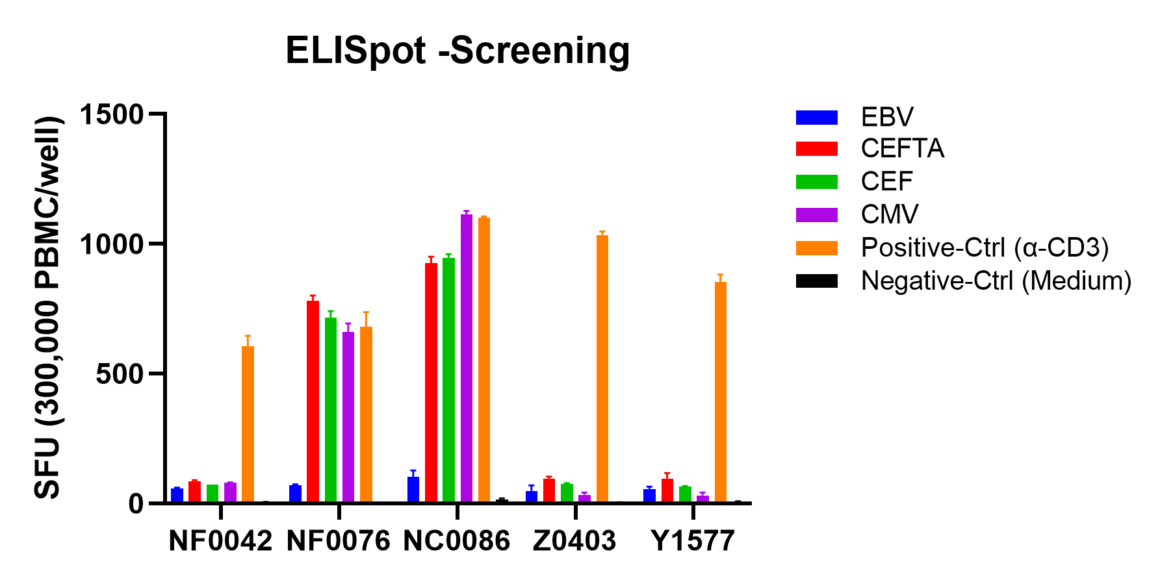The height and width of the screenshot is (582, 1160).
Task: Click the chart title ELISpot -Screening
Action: (x=458, y=51)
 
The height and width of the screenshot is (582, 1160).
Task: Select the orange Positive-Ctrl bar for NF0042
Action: (x=248, y=424)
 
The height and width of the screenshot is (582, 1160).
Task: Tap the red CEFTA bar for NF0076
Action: (x=313, y=401)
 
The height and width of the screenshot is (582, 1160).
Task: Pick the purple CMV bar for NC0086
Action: (x=467, y=358)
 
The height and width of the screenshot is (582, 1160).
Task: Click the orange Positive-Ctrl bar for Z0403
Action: (x=602, y=368)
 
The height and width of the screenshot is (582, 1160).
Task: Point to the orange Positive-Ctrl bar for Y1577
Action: (x=721, y=392)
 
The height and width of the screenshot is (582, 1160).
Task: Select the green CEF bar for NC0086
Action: (x=448, y=380)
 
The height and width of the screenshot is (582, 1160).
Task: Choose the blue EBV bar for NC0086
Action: (x=413, y=489)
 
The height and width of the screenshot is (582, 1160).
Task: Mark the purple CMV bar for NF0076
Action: (x=348, y=417)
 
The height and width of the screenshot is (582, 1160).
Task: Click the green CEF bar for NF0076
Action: (x=331, y=410)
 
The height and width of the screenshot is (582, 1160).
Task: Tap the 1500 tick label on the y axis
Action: (x=111, y=114)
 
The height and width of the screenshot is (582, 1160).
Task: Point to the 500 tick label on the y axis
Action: (x=120, y=374)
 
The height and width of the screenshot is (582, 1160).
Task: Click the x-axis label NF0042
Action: (x=220, y=541)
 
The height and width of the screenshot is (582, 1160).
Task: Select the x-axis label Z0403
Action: (x=574, y=541)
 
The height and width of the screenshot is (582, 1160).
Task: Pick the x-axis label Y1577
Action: (x=693, y=541)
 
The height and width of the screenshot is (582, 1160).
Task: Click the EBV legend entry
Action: (x=855, y=117)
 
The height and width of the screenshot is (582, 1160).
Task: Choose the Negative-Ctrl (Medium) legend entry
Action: (x=964, y=281)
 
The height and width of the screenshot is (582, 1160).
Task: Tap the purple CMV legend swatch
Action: (x=817, y=215)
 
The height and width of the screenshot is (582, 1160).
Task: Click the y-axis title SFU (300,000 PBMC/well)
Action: (x=48, y=308)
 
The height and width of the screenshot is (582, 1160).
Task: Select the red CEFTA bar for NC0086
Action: (x=431, y=383)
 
